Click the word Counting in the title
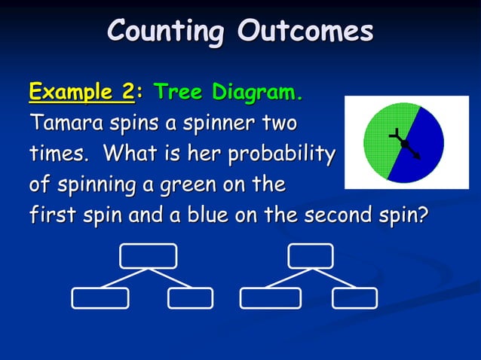point(166,32)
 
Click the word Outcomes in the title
point(305,32)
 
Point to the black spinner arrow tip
point(420,158)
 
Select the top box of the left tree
point(149,255)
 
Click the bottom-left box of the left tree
point(100,298)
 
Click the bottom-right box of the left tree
point(190,298)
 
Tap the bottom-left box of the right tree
point(270,298)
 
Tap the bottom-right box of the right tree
point(355,298)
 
